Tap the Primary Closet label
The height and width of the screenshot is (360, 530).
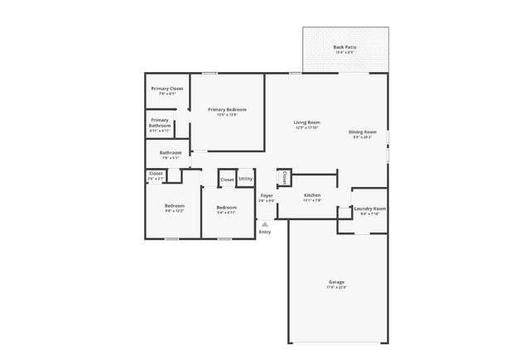166,89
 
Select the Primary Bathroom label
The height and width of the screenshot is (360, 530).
160,122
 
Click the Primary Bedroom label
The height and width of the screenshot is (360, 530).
227,109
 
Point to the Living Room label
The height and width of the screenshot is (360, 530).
306,122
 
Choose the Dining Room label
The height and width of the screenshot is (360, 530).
362,132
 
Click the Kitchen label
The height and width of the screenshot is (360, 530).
311,195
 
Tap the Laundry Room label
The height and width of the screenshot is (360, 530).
369,209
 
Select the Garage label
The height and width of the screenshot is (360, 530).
336,282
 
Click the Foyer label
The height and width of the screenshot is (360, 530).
266,195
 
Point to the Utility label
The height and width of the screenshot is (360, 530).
245,179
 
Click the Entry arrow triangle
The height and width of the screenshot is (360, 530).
265,223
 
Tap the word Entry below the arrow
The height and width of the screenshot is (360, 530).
265,232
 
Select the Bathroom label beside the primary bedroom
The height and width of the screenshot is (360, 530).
171,152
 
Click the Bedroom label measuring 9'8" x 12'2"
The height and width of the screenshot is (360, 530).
174,205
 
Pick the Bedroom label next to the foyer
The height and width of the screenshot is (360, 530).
226,207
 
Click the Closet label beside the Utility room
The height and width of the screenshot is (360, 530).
226,180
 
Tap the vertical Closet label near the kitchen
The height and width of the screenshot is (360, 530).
284,177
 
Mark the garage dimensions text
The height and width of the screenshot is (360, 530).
336,287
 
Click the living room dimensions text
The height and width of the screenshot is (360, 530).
306,127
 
